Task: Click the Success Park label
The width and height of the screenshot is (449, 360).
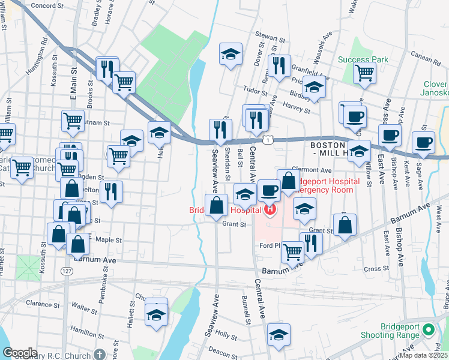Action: (x=363, y=59)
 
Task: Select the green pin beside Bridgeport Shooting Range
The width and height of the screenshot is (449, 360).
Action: (x=428, y=329)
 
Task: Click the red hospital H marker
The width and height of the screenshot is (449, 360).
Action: (x=270, y=209)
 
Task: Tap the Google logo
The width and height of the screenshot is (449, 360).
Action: (x=20, y=353)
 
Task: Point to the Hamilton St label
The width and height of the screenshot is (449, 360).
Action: (x=83, y=331)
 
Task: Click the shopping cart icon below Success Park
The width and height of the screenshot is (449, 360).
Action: (x=365, y=73)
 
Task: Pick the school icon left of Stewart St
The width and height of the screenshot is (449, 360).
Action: (x=231, y=54)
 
